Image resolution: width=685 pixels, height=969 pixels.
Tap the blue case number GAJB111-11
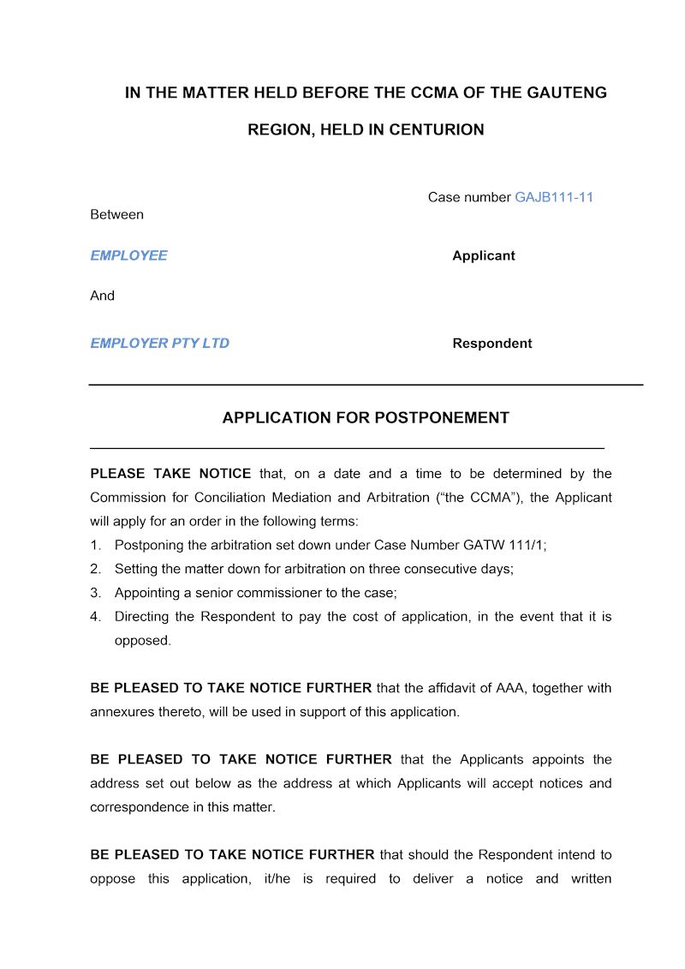[554, 197]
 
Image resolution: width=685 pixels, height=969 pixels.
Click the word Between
[116, 214]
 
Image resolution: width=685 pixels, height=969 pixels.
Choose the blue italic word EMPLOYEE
[128, 255]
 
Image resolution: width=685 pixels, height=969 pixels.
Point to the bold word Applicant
[484, 255]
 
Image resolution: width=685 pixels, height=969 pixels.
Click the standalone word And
[102, 296]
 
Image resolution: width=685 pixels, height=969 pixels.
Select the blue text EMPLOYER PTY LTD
[159, 344]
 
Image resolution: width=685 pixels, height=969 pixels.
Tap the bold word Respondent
[492, 344]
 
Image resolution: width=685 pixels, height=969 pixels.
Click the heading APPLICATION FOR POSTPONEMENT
[366, 418]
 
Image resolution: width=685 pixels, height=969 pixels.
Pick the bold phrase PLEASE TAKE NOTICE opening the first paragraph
[170, 474]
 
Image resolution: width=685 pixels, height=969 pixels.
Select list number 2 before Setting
[96, 569]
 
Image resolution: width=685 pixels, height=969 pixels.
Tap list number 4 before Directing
[96, 617]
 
